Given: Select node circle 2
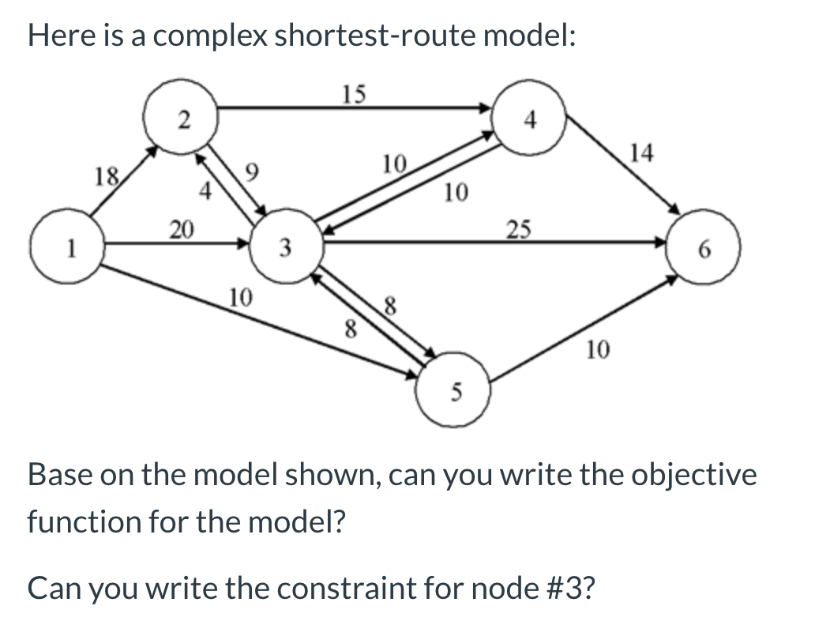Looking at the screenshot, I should pos(182,119).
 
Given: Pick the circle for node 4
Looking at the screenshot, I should pos(531,121).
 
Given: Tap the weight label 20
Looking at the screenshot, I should pos(181,230).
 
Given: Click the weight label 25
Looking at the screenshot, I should pos(518,230).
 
